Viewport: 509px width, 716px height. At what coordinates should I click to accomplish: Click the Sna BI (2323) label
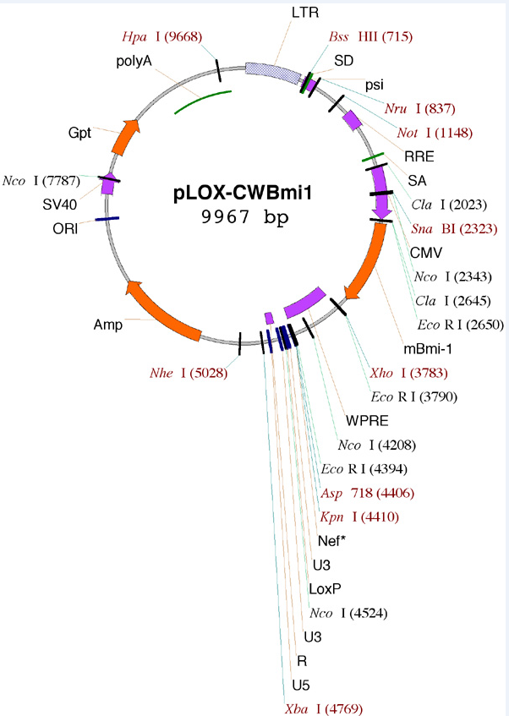(x=444, y=228)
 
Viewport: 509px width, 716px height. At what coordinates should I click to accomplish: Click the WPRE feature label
(x=364, y=421)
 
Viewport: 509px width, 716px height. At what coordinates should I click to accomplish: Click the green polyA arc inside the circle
(x=201, y=101)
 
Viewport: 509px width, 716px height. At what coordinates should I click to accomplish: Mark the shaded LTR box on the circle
(x=272, y=72)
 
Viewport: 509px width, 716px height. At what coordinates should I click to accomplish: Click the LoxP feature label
(x=324, y=588)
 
